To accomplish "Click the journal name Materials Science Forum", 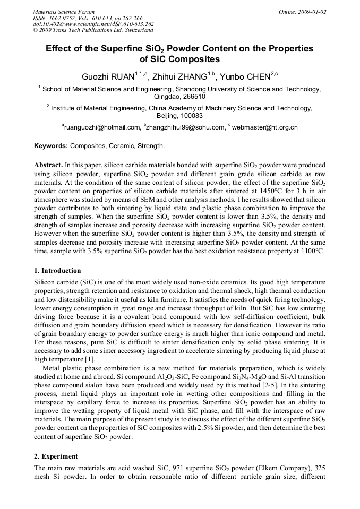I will click(x=64, y=11).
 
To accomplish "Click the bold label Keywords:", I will click(x=51, y=145).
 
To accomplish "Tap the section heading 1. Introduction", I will click(x=57, y=270).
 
